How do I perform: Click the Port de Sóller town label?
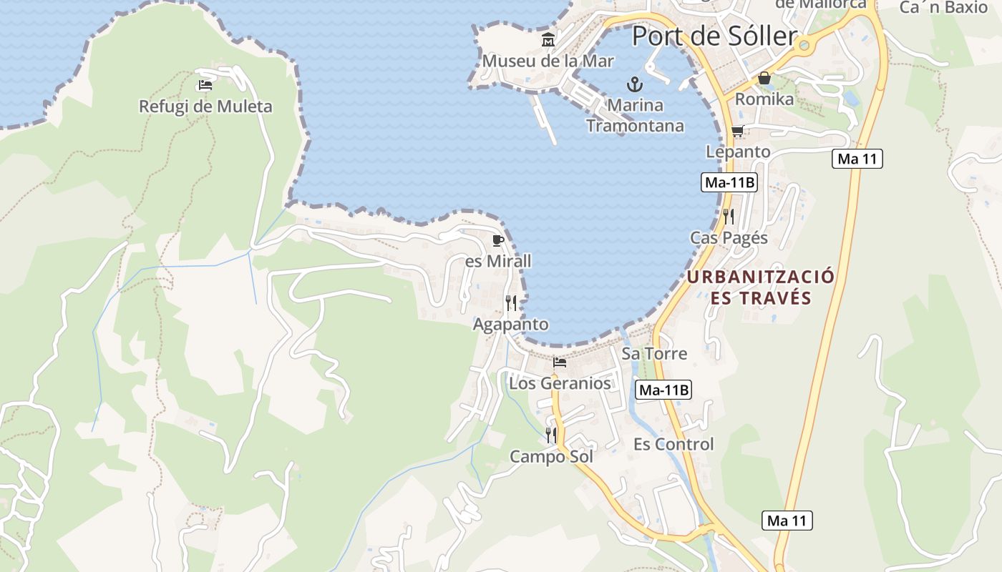[714, 36]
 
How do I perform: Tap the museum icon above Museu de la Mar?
[548, 40]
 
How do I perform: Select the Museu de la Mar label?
[548, 61]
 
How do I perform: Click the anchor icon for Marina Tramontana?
[634, 84]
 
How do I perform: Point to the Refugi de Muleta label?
[205, 107]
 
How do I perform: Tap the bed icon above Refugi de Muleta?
[205, 85]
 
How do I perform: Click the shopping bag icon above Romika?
[764, 78]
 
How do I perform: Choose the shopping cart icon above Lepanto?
[737, 131]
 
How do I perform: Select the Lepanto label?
[738, 152]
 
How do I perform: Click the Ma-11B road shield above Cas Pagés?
[729, 182]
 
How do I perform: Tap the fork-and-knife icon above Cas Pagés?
[729, 216]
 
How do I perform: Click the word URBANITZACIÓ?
[761, 277]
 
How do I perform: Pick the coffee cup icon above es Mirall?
[498, 240]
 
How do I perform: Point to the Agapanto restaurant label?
[510, 325]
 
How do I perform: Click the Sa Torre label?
[654, 353]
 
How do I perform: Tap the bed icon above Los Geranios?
[560, 363]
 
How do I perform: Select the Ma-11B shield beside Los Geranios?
[663, 390]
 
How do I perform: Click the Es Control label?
[673, 444]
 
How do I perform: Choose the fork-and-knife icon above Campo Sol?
[551, 435]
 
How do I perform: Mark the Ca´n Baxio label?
[943, 8]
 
